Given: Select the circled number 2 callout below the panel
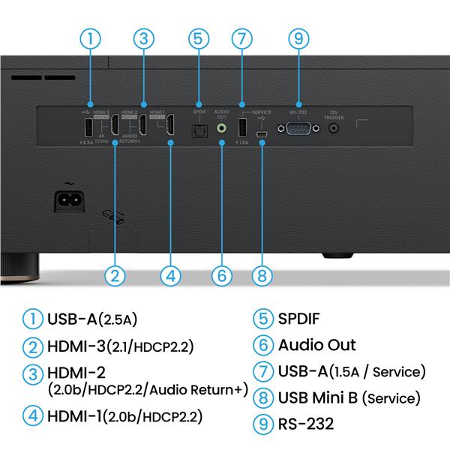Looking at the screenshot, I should (x=114, y=275).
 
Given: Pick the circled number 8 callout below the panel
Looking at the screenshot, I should (x=262, y=275).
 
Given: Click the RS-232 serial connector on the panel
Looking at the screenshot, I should (x=298, y=129).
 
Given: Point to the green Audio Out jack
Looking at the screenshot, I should (x=221, y=128).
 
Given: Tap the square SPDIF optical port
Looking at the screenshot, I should (x=199, y=129).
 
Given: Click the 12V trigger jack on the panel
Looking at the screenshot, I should (x=334, y=128).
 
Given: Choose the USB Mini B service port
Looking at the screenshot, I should (x=262, y=135).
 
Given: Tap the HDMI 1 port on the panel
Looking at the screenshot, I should (x=171, y=126).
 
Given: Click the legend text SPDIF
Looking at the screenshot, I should (x=298, y=319).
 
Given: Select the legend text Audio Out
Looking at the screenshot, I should (x=316, y=345).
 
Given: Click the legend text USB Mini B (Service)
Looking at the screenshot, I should (x=349, y=397).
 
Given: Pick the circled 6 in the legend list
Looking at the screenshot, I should (x=262, y=345).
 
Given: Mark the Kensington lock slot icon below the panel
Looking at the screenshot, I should (x=114, y=216).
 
